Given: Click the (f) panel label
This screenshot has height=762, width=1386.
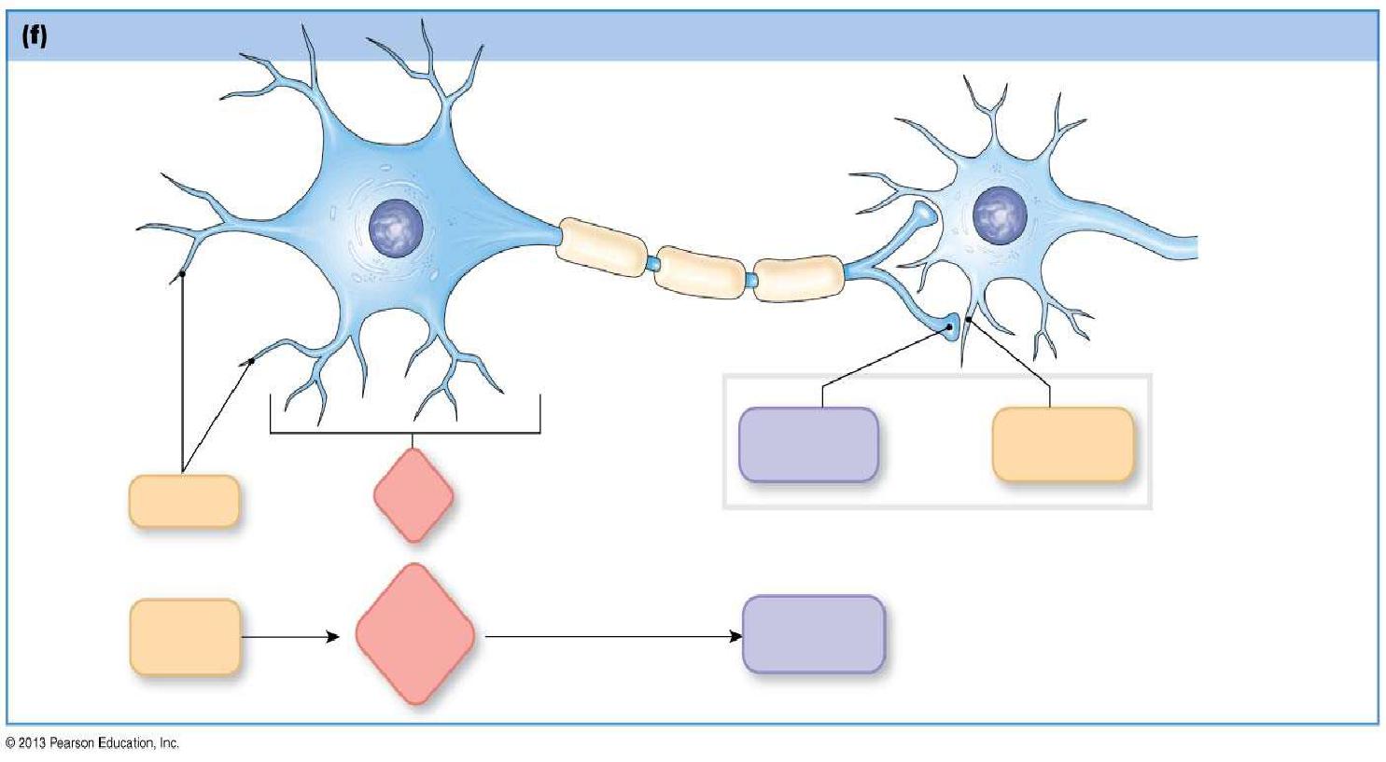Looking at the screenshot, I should click(35, 37).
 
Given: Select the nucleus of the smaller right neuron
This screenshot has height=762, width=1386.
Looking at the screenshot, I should click(1000, 215).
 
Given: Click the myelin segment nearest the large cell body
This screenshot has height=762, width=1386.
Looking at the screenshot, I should click(602, 247).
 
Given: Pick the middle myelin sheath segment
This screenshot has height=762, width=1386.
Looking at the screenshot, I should click(700, 272).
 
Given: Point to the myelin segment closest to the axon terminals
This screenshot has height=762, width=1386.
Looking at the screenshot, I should click(798, 277).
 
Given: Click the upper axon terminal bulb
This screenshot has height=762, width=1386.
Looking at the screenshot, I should click(923, 215).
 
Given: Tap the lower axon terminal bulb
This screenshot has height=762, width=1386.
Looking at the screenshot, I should click(951, 327).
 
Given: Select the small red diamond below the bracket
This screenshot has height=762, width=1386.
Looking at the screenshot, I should click(413, 495).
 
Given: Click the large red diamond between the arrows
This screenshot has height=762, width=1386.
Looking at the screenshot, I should click(414, 634).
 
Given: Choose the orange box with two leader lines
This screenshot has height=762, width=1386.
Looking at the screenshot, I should click(184, 501).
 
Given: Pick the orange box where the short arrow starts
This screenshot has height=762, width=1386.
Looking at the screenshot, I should click(185, 637).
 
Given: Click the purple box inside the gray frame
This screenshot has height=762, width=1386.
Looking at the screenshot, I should click(808, 445).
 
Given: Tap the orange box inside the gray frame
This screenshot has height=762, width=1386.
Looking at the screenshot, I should click(1062, 445).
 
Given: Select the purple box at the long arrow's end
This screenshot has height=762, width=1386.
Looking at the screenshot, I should click(813, 634).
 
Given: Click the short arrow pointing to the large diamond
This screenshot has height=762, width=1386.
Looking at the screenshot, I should click(289, 637).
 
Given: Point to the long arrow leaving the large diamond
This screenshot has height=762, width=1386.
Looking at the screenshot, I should click(612, 637).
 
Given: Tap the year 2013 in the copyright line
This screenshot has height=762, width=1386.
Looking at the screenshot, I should click(30, 743).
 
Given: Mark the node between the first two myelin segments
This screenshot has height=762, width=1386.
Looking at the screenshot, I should click(652, 265).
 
